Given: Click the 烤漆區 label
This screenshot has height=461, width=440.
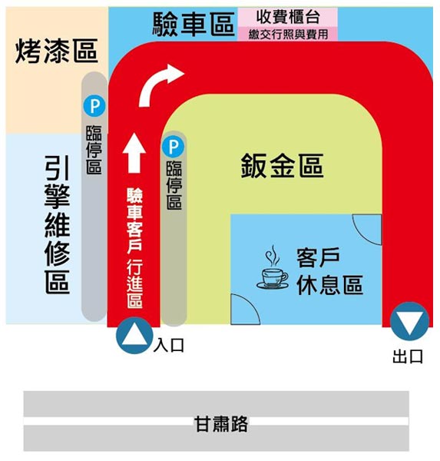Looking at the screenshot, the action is (56, 51).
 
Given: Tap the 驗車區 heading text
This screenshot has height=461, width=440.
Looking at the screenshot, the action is (194, 24).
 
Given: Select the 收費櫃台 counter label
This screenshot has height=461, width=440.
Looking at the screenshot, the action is (288, 17).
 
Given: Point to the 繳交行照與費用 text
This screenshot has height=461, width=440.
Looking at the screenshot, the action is (288, 35).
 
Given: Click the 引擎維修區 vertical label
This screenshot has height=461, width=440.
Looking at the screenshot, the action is (58, 225).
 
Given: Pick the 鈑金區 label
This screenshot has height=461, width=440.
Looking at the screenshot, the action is (282, 165).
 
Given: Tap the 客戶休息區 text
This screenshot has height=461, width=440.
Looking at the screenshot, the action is (329, 271).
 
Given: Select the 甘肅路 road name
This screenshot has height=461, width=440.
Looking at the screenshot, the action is (221, 423).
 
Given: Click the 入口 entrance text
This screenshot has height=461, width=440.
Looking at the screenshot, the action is (169, 345).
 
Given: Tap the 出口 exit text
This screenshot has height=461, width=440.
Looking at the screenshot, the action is (408, 357).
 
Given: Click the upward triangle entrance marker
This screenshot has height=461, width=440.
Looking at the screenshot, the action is (134, 336).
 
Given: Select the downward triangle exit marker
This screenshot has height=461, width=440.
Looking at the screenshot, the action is (410, 321).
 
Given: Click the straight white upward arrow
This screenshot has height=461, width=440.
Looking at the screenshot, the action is (134, 153).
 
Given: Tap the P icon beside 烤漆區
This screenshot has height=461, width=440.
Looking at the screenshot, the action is (94, 106).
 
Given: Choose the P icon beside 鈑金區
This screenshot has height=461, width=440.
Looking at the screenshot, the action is (173, 147).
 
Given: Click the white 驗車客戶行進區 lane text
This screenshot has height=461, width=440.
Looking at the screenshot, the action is (134, 248).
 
